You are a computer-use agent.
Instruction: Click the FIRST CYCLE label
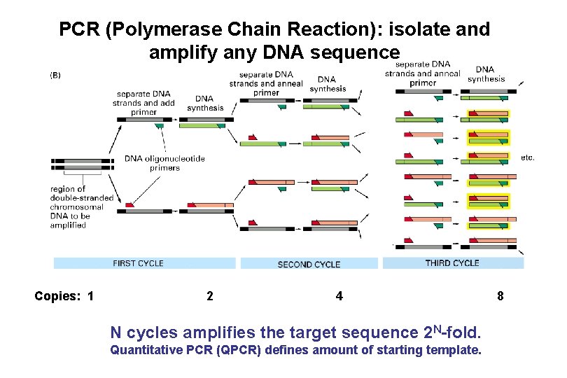coord(138,263)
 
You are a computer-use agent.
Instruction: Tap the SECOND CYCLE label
coord(309,265)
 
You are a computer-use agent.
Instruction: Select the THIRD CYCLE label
coord(452,263)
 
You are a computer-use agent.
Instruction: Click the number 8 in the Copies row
coord(500,296)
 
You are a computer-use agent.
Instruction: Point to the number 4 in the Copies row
coord(339,296)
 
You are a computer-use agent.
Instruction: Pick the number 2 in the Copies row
coord(210,296)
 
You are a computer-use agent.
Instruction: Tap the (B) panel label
coord(55,75)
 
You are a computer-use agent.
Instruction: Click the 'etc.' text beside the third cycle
coord(528,157)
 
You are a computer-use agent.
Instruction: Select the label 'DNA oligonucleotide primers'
coord(165,163)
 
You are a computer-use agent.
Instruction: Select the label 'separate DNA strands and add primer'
coord(146,103)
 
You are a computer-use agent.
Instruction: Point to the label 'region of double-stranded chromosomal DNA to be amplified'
coord(82,206)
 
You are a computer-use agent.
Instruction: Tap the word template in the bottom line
coord(455,349)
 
